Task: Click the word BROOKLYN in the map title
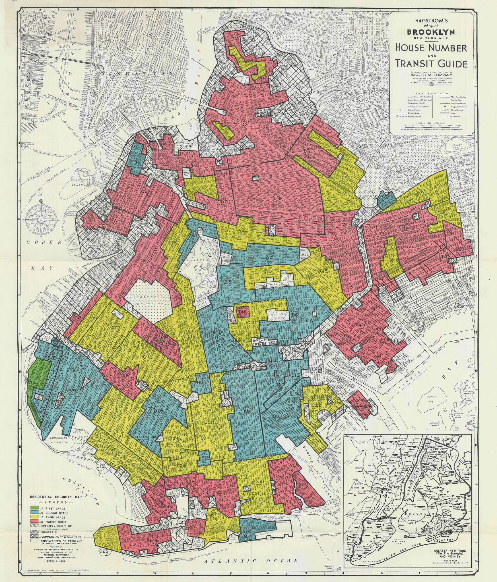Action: (x=430, y=32)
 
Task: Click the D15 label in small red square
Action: (x=243, y=312)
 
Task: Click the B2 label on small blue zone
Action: (x=387, y=192)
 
